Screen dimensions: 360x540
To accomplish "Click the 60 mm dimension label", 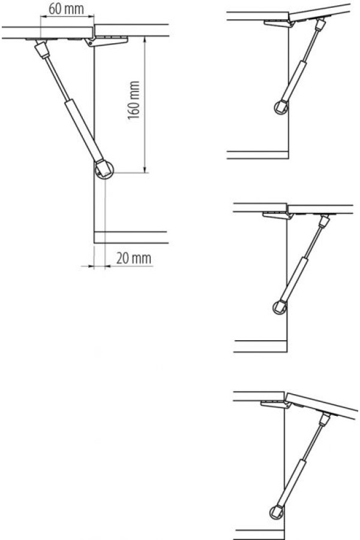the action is click(66, 9).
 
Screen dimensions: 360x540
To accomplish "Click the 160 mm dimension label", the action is click(134, 100).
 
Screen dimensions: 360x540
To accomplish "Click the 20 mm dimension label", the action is click(134, 258).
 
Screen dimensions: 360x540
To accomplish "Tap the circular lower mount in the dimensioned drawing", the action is click(104, 170).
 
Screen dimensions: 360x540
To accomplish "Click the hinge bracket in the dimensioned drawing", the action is click(107, 41).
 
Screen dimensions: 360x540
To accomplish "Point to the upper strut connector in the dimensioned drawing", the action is click(42, 50).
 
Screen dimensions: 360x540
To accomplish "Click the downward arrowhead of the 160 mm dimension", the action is click(145, 169).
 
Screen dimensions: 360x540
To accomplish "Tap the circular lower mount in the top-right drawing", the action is click(281, 107).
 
